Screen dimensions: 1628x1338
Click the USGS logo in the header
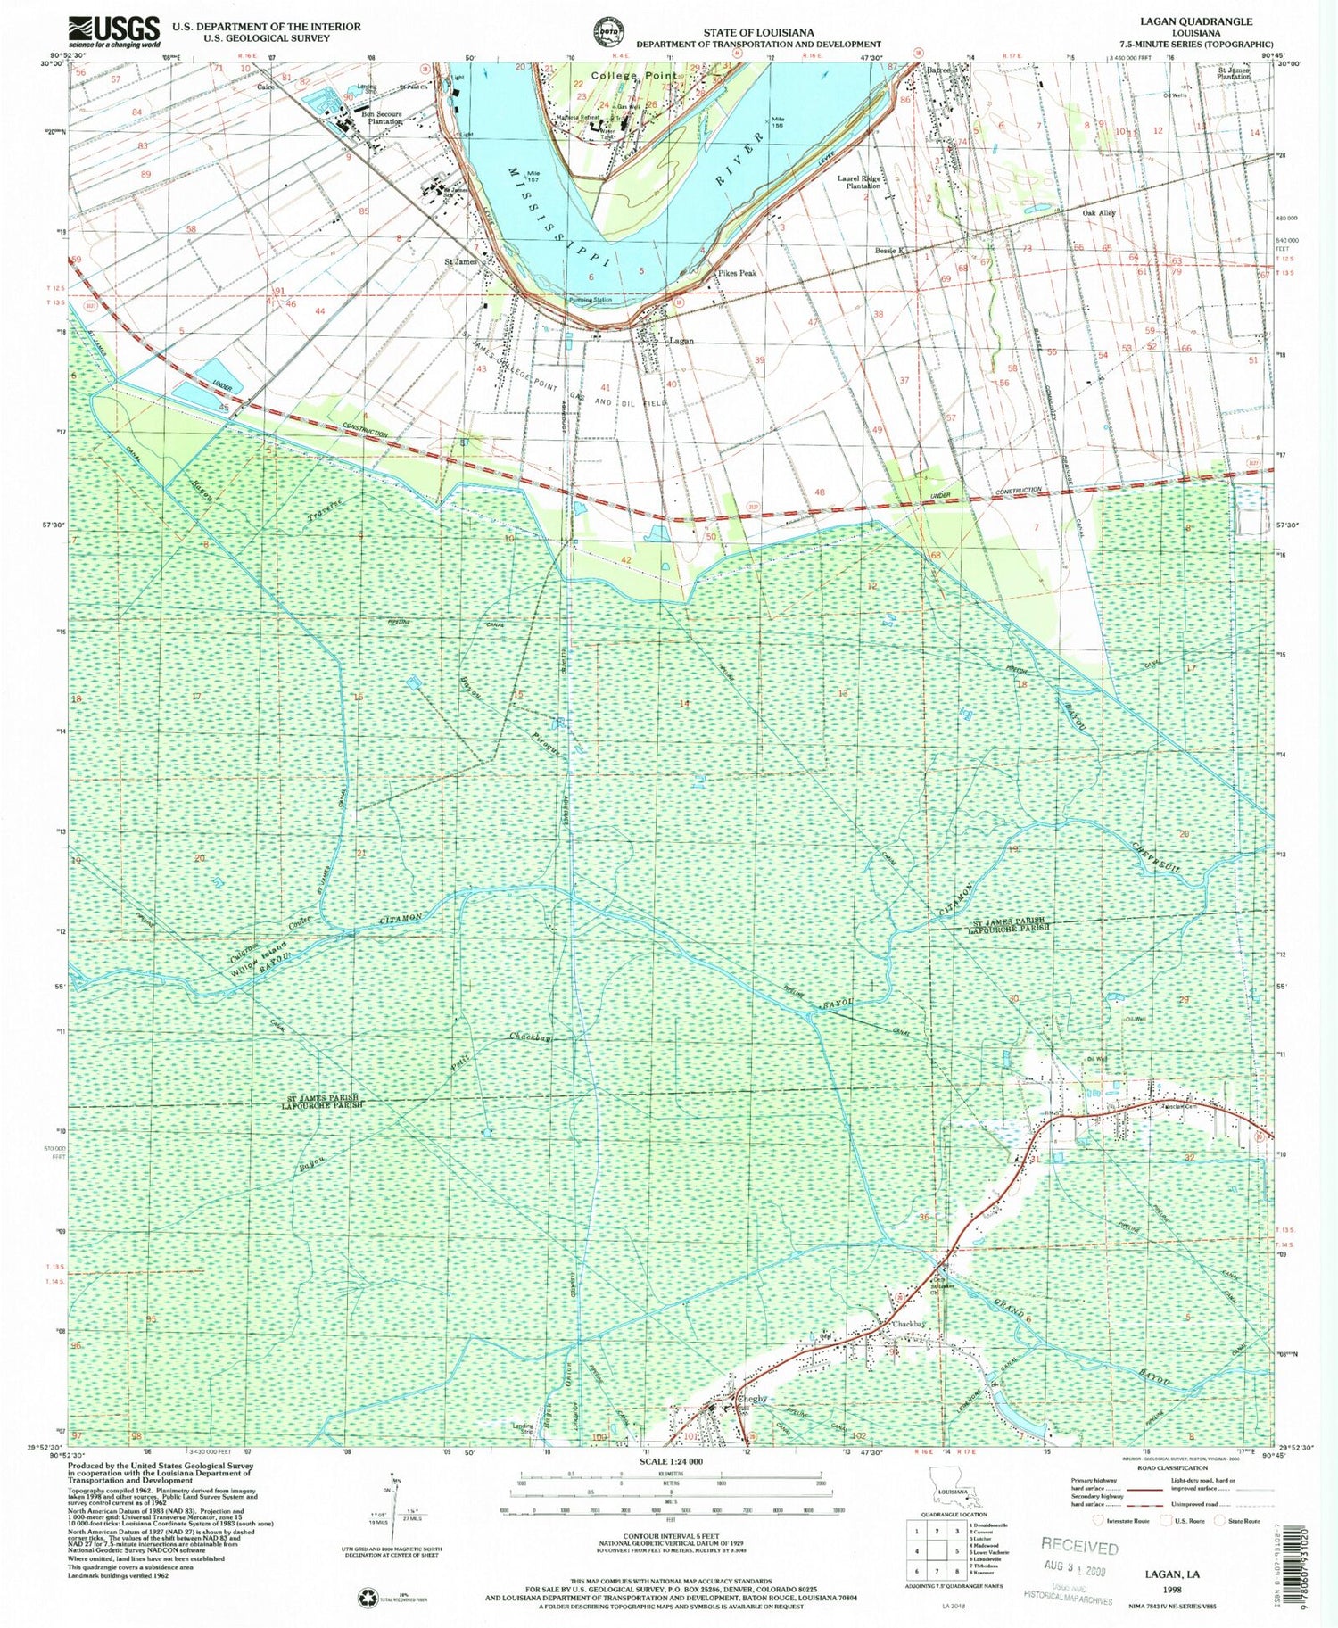click(x=114, y=31)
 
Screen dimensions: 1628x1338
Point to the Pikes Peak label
click(x=736, y=273)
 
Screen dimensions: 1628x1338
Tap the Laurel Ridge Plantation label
click(x=858, y=182)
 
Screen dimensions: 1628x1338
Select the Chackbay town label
click(x=911, y=1324)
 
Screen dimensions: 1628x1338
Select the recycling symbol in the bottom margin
click(x=368, y=1598)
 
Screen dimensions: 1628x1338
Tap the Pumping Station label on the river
click(x=591, y=301)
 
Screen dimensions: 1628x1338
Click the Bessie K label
click(x=889, y=252)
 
